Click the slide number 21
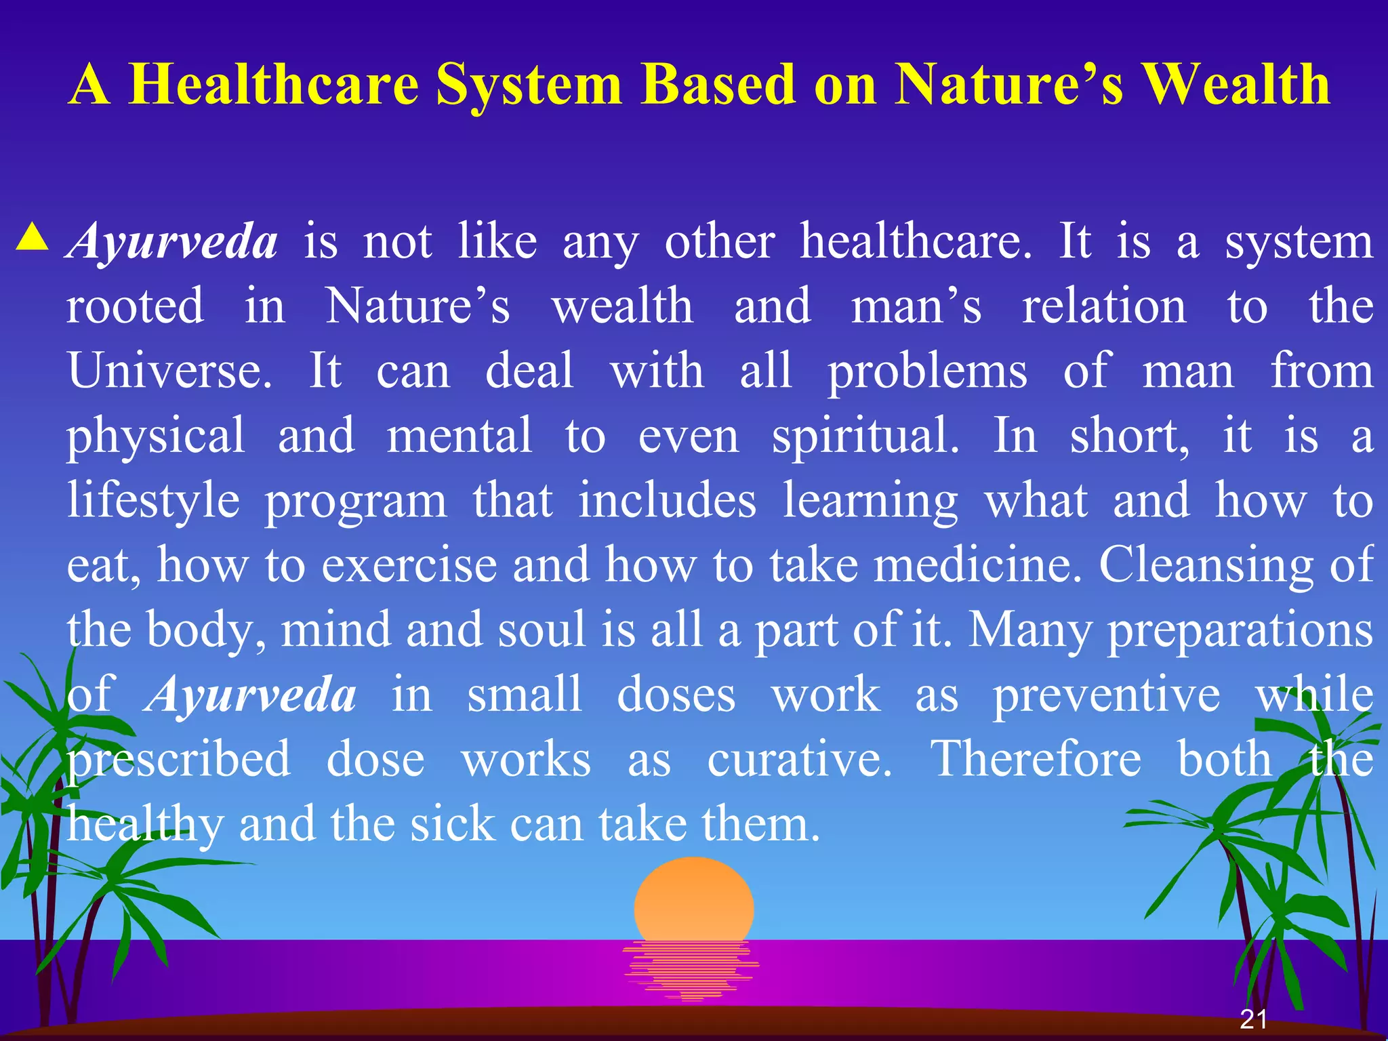[x=1253, y=1019]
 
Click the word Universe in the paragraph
[x=169, y=371]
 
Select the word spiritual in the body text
[x=865, y=436]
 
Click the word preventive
[x=1106, y=695]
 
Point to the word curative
[x=799, y=759]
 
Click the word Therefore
[x=1036, y=759]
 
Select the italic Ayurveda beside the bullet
[x=173, y=241]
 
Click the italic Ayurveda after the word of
[x=251, y=695]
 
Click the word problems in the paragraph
[x=927, y=372]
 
